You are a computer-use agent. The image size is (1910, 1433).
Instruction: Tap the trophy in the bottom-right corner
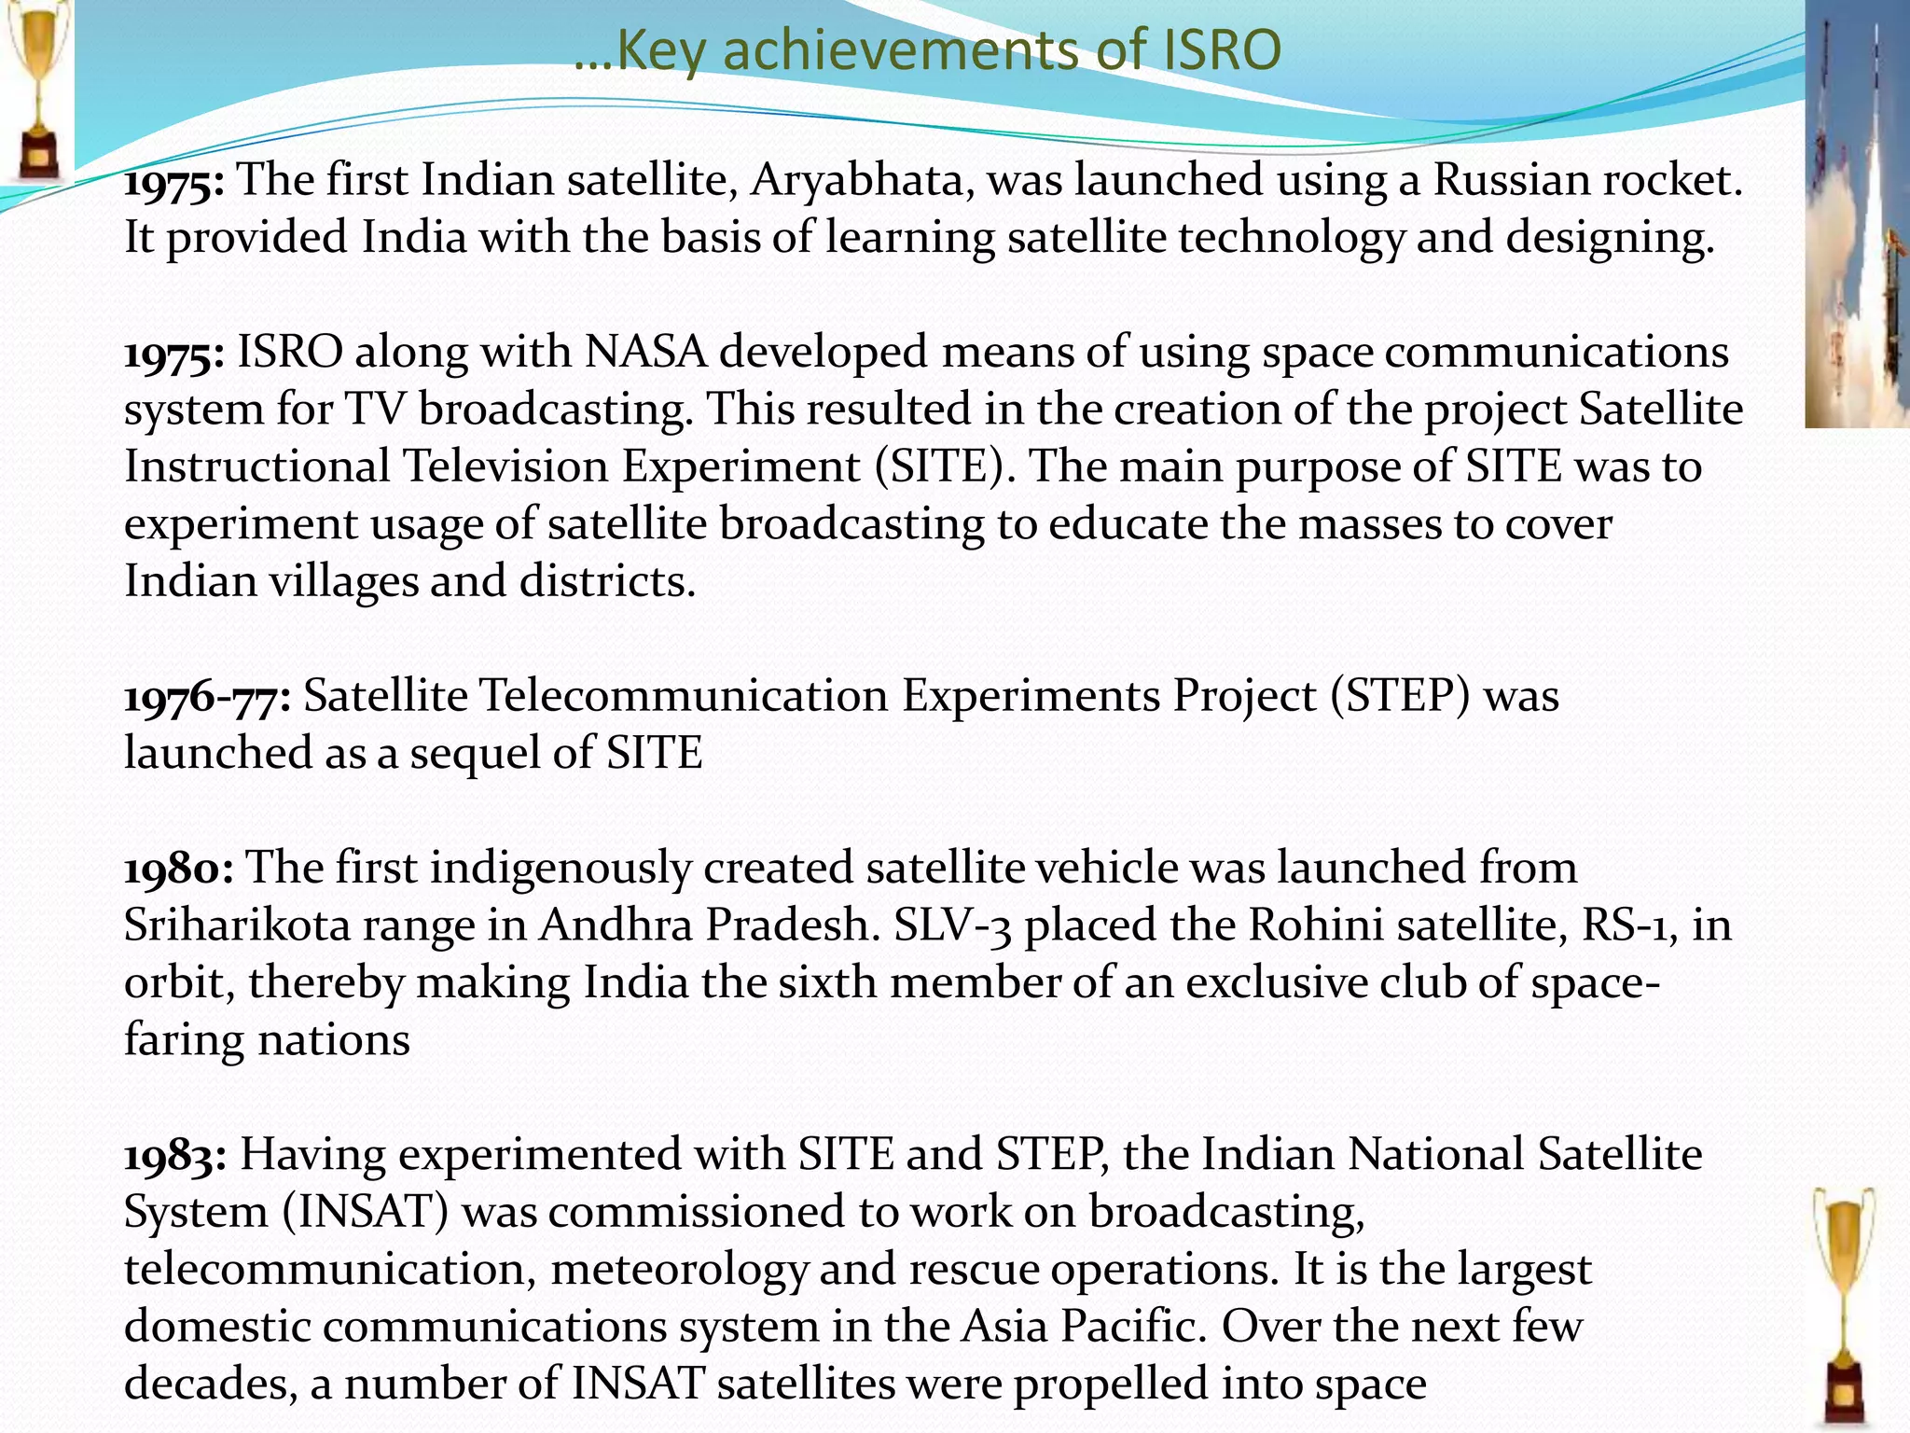click(x=1845, y=1306)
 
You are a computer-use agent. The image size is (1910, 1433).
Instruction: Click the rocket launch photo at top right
click(x=1856, y=215)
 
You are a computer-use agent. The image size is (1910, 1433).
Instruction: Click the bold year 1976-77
click(x=208, y=697)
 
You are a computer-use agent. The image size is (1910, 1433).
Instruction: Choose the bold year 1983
click(x=175, y=1155)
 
